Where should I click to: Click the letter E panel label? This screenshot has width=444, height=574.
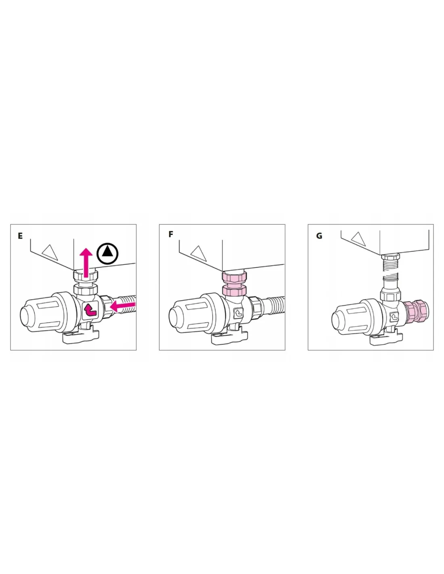(x=20, y=236)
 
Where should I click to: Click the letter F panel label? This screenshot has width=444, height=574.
(x=171, y=234)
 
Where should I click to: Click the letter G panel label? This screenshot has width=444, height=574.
(x=319, y=236)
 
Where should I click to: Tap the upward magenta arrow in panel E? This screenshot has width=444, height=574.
(x=86, y=262)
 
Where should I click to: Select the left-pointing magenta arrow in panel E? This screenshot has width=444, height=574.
(x=123, y=306)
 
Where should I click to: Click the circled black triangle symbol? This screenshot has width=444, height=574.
(x=107, y=253)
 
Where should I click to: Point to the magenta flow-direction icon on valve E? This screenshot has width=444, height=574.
(x=90, y=309)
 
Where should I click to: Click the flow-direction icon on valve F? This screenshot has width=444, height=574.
(x=239, y=313)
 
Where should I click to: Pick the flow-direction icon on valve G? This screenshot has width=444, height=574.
(x=394, y=317)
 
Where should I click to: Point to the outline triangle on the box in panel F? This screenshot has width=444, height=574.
(x=199, y=253)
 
